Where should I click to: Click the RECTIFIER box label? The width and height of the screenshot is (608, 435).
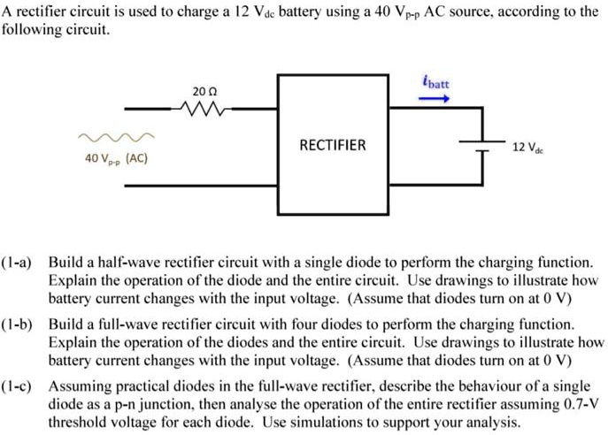point(332,145)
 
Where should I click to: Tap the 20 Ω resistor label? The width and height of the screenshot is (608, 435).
point(204,92)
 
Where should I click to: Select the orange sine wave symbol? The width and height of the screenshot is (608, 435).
point(116,138)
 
